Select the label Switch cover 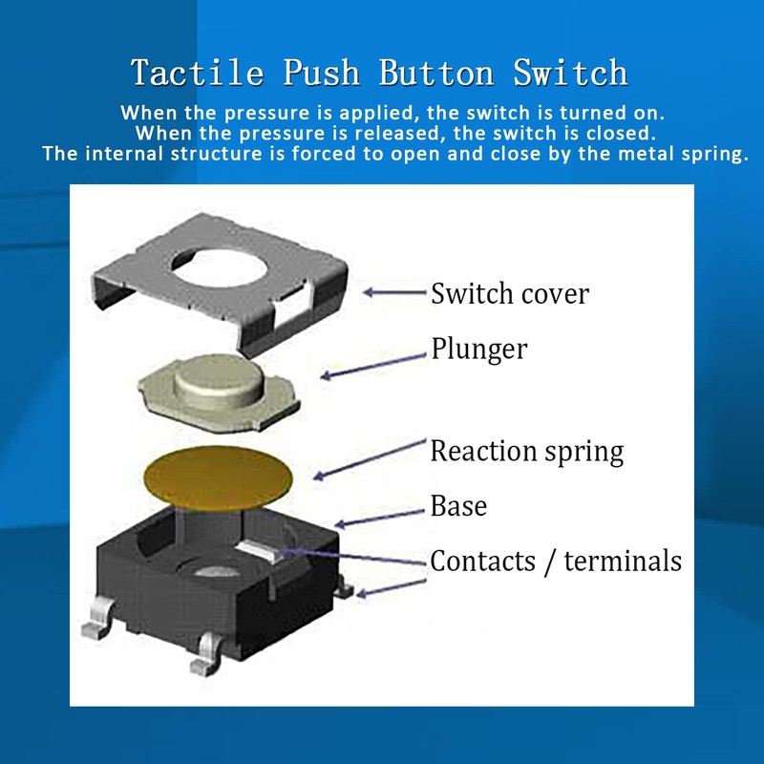tap(509, 292)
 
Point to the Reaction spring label tap(526, 450)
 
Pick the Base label tap(458, 505)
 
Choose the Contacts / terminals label tap(556, 561)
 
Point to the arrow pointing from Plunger tap(372, 364)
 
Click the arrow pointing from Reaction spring tap(368, 457)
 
